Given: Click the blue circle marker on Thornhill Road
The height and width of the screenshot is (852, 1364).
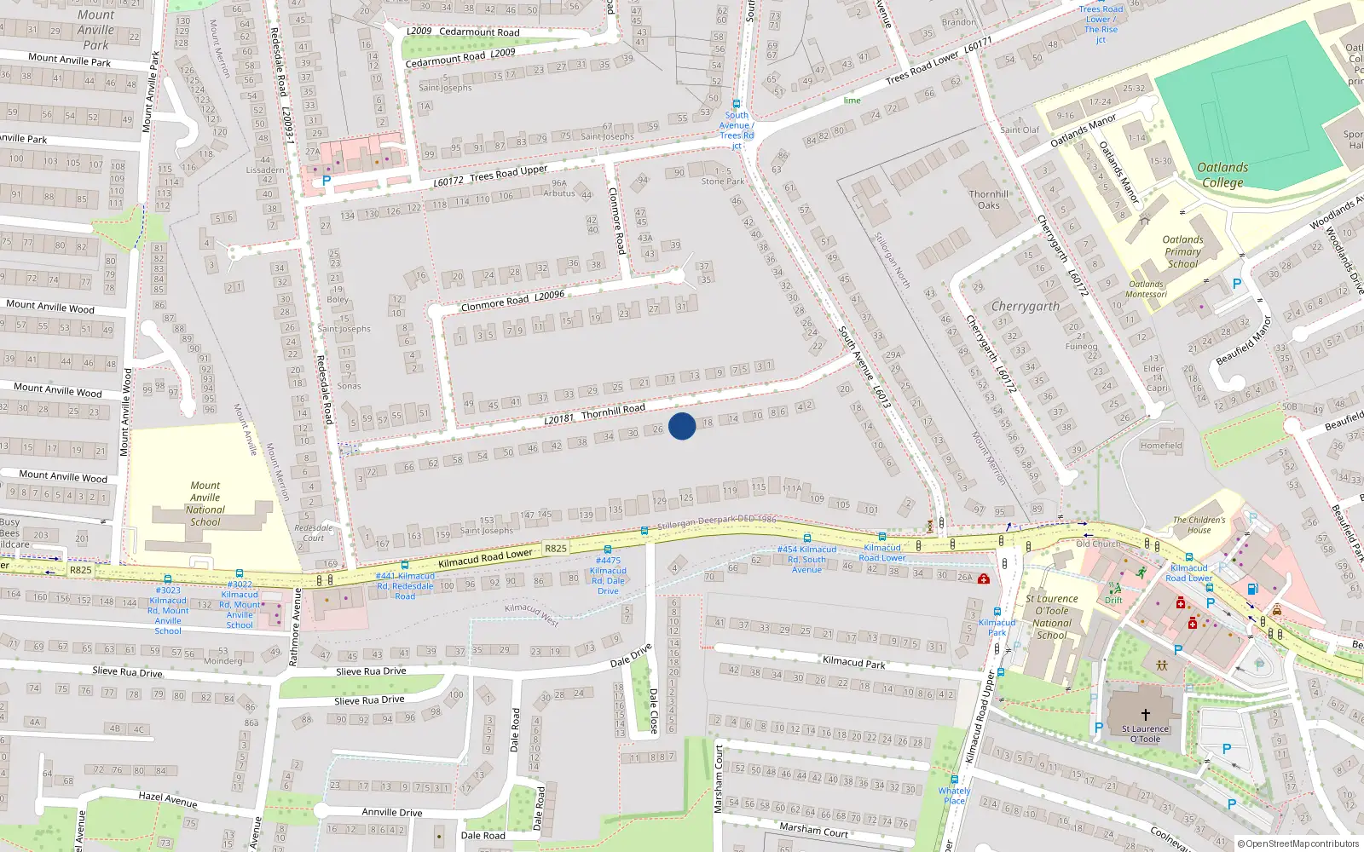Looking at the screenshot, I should coord(682,426).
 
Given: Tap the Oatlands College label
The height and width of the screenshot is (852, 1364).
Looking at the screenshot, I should coord(1222,175).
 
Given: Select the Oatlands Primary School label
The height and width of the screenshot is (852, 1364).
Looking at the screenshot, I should coord(1182,251).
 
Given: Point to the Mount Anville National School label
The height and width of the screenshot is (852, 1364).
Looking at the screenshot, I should coord(205,504).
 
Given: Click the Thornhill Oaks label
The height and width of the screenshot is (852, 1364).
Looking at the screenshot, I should coord(989,199).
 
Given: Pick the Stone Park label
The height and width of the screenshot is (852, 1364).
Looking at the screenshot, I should coord(723,181).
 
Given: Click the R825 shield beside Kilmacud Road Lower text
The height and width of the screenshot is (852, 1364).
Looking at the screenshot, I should coord(556,549).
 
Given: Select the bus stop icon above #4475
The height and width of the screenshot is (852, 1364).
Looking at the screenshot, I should coord(607,550).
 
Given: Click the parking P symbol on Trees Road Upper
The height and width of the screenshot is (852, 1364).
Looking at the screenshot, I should coord(326,181).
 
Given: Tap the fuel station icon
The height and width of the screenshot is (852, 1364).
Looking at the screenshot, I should coord(1252,589).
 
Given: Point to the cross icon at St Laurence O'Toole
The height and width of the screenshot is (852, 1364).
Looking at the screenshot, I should coord(1145,715).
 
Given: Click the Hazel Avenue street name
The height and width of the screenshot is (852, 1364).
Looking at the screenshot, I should coord(168,798).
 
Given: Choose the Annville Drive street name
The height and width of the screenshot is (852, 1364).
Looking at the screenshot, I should coord(391,812).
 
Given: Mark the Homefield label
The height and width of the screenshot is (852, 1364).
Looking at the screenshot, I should coord(1161,445).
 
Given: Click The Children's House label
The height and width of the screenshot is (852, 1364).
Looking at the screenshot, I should coord(1199,525).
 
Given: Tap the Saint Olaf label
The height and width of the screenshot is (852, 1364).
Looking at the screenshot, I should coord(1020,130).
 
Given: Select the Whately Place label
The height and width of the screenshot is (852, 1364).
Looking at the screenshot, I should coord(955,796).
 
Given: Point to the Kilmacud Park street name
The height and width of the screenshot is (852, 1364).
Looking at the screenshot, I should coord(853,662).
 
